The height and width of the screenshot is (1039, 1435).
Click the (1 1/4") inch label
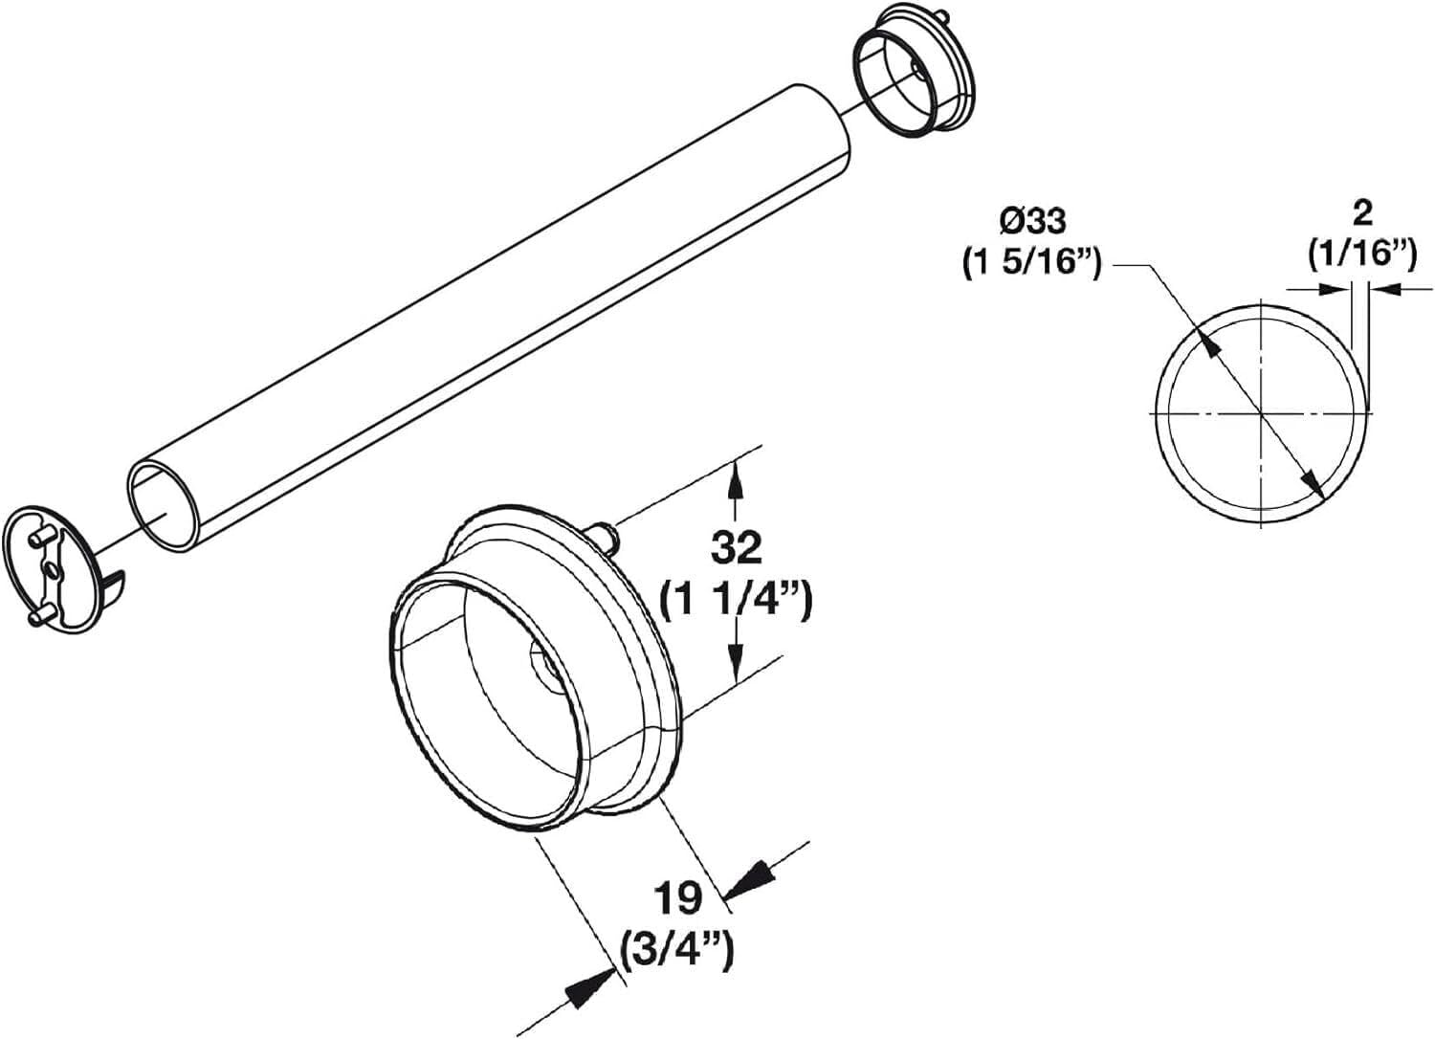737,603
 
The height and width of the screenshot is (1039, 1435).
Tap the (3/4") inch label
676,950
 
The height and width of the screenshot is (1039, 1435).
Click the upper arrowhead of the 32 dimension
735,477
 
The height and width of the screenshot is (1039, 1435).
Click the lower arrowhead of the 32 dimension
735,658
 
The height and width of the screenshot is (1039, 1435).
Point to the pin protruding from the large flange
608,533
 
